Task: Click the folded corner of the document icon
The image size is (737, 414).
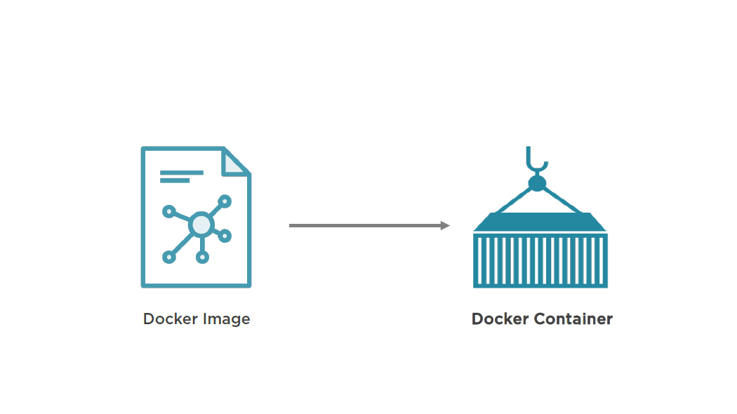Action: pyautogui.click(x=234, y=163)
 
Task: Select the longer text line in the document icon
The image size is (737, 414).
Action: pyautogui.click(x=181, y=172)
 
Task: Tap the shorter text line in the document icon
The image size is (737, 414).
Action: pyautogui.click(x=175, y=180)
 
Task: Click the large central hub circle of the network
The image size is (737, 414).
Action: pyautogui.click(x=201, y=225)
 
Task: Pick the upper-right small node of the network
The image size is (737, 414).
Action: pyautogui.click(x=225, y=201)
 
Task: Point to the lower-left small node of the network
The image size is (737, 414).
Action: pyautogui.click(x=168, y=258)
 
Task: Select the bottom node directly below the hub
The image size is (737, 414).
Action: pyautogui.click(x=202, y=258)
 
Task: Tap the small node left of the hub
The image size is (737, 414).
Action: pyautogui.click(x=168, y=211)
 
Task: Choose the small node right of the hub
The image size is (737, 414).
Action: pyautogui.click(x=225, y=236)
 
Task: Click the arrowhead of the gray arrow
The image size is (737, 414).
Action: pyautogui.click(x=445, y=225)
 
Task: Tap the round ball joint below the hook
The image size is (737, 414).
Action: pyautogui.click(x=537, y=184)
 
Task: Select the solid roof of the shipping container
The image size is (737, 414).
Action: pyautogui.click(x=540, y=222)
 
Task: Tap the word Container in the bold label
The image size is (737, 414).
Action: pyautogui.click(x=573, y=319)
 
